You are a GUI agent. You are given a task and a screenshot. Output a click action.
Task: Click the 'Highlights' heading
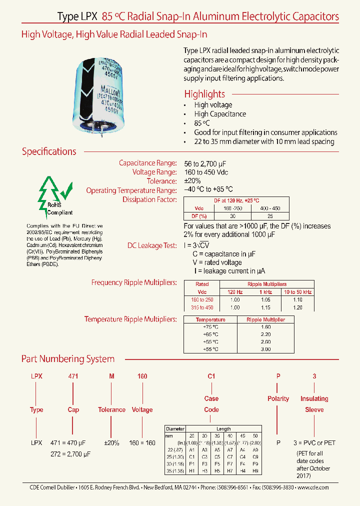coord(204,94)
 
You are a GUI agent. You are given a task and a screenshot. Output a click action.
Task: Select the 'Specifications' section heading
coord(49,151)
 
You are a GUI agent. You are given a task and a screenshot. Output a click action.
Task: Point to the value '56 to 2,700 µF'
coord(207,163)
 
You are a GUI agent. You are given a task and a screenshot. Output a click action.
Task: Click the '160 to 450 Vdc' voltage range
coord(206,172)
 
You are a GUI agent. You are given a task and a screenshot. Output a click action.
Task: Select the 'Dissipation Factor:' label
coord(149,199)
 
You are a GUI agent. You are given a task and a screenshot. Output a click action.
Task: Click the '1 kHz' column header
coord(265,291)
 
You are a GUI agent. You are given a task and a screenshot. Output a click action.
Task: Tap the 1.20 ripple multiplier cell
coord(297,307)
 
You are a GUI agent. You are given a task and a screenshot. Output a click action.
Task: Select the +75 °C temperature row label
coord(210,326)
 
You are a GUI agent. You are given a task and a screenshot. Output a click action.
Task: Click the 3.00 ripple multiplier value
coord(265,349)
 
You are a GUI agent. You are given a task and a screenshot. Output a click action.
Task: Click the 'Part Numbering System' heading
coord(68,359)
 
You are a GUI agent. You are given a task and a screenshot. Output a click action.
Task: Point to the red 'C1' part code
coord(211,376)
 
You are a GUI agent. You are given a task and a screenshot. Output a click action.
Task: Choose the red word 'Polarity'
coord(278,398)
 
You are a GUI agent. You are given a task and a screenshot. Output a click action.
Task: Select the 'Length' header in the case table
coord(223,428)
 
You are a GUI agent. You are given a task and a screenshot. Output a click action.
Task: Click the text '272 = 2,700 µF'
coord(70,453)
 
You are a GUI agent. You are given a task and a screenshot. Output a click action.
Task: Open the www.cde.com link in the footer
coord(313,487)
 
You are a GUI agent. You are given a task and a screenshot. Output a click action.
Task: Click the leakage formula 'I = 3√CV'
coord(201,245)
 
